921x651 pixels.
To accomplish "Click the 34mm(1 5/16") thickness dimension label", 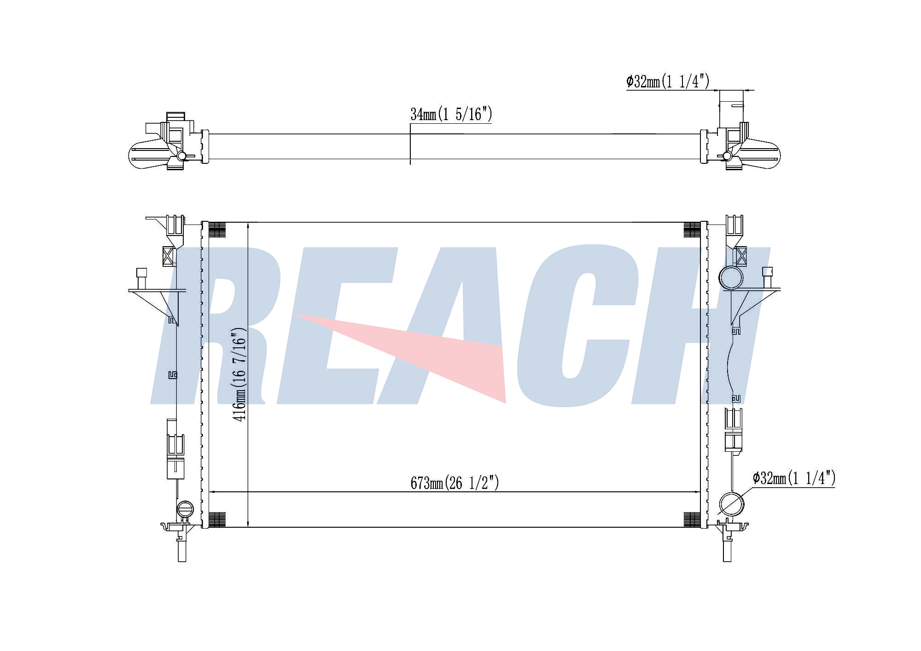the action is [x=451, y=114].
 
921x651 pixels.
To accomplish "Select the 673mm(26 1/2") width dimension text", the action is [x=455, y=483].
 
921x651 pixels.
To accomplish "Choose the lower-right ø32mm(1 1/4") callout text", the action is [x=794, y=478].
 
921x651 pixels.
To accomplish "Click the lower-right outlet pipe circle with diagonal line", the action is [x=731, y=504].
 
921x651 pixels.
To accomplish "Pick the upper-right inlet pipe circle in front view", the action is [x=731, y=277].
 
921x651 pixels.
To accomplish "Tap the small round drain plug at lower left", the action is [x=186, y=509].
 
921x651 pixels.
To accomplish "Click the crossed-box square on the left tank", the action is [x=169, y=256].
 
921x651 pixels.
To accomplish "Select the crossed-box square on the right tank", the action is [x=740, y=256].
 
